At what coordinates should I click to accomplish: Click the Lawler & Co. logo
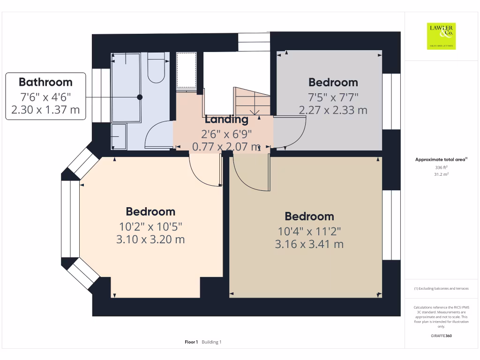pyautogui.click(x=441, y=36)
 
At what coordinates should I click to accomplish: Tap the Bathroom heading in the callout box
pyautogui.click(x=45, y=82)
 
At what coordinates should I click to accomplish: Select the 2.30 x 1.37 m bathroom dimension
pyautogui.click(x=45, y=110)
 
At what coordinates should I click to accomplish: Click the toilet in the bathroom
pyautogui.click(x=156, y=67)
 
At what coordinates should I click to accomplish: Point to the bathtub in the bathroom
pyautogui.click(x=126, y=88)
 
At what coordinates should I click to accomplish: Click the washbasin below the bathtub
pyautogui.click(x=119, y=136)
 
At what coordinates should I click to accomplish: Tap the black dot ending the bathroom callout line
pyautogui.click(x=140, y=97)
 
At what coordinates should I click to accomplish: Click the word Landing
pyautogui.click(x=226, y=120)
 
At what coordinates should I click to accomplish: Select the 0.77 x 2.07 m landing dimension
pyautogui.click(x=226, y=147)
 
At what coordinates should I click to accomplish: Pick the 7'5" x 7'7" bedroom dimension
pyautogui.click(x=333, y=97)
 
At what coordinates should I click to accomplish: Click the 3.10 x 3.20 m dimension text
pyautogui.click(x=150, y=240)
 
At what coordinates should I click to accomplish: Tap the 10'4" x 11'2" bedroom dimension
pyautogui.click(x=309, y=232)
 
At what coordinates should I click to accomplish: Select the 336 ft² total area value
pyautogui.click(x=441, y=167)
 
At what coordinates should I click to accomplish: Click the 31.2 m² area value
pyautogui.click(x=441, y=174)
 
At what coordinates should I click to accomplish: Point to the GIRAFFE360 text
pyautogui.click(x=441, y=336)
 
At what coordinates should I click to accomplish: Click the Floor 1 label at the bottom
pyautogui.click(x=191, y=342)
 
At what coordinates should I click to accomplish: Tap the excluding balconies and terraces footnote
pyautogui.click(x=441, y=288)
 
